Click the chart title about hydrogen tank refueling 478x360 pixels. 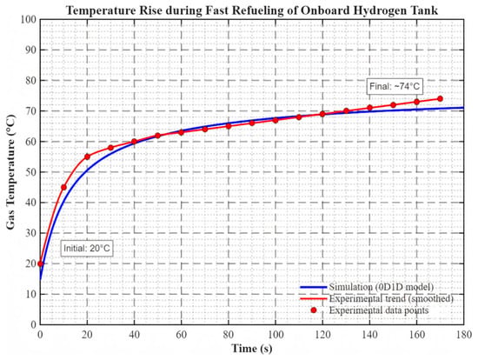[x=252, y=10]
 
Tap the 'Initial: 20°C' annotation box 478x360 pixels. [x=87, y=249]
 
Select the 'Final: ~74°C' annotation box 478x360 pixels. [x=395, y=86]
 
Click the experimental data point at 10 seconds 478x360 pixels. [x=63, y=187]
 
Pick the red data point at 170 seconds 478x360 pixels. [x=440, y=99]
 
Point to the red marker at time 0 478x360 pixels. [x=41, y=263]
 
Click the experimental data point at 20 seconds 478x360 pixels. [x=87, y=157]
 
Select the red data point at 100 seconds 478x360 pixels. [x=276, y=120]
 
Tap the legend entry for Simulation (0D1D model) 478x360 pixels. [x=367, y=287]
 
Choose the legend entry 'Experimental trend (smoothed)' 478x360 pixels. [x=377, y=298]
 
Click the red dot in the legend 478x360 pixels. [x=314, y=310]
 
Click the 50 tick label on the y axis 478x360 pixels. [x=31, y=172]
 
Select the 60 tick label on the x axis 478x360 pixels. [x=181, y=335]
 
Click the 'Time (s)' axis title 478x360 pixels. [x=252, y=349]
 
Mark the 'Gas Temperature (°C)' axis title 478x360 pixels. [x=10, y=172]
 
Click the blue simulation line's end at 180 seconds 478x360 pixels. [x=464, y=108]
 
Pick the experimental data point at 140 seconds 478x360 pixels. [x=369, y=108]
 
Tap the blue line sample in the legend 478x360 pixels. [x=314, y=287]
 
